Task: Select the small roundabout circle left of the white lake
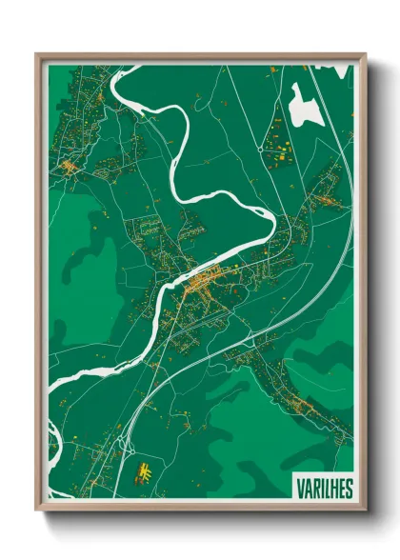pyautogui.click(x=259, y=150)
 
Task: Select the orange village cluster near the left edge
pyautogui.click(x=69, y=169)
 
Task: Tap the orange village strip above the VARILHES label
pyautogui.click(x=305, y=406)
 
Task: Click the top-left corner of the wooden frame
pyautogui.click(x=37, y=54)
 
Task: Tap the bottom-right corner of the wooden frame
pyautogui.click(x=366, y=512)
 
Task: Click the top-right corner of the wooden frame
pyautogui.click(x=366, y=54)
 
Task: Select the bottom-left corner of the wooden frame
pyautogui.click(x=37, y=512)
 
